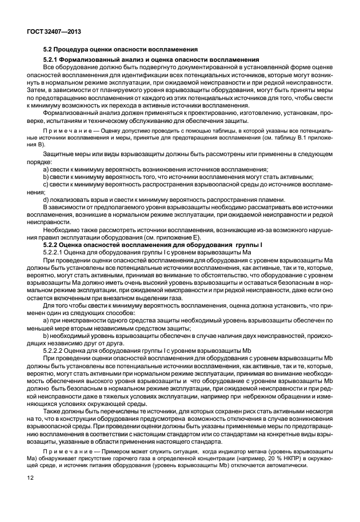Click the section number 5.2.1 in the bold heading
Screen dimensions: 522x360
(x=53, y=60)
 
